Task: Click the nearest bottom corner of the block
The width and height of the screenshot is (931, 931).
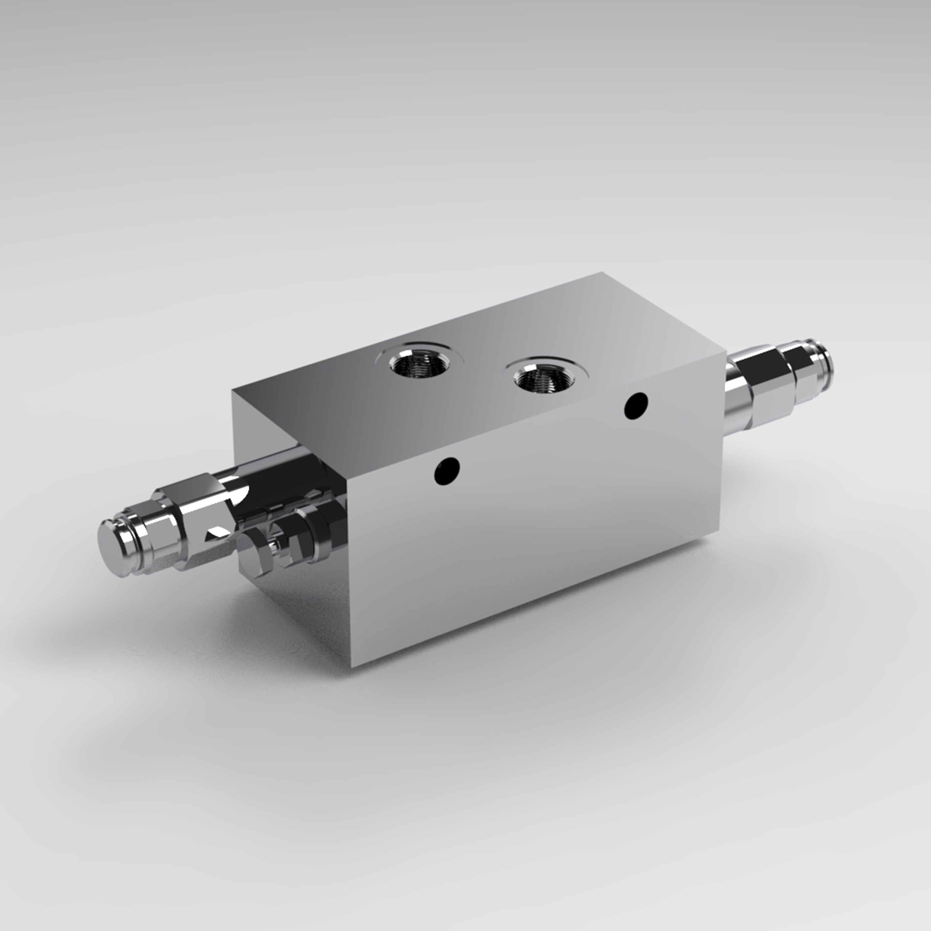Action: pos(352,666)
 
